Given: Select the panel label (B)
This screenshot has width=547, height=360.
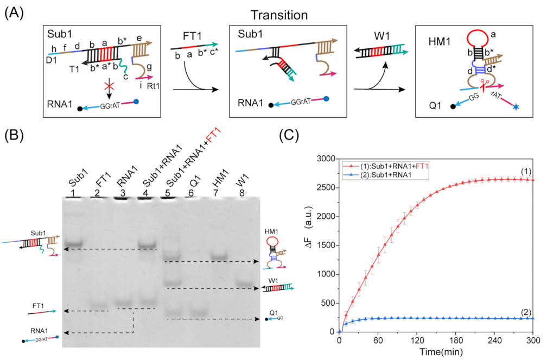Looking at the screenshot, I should click(15, 135).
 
